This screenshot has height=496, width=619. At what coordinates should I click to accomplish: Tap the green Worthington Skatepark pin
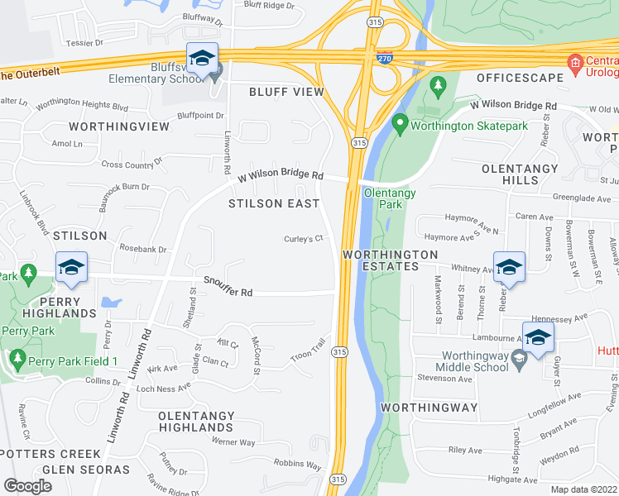401,125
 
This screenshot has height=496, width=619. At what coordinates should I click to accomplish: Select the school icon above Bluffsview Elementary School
202,58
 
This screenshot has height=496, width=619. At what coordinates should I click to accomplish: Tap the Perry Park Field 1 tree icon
17,360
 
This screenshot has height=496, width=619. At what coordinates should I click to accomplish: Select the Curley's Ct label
302,240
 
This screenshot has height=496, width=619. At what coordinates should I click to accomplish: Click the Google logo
27,486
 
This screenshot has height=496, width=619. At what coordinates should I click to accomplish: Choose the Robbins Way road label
297,465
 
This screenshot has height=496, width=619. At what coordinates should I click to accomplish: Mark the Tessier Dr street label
86,43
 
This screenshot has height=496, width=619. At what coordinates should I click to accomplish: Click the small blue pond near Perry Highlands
111,303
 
